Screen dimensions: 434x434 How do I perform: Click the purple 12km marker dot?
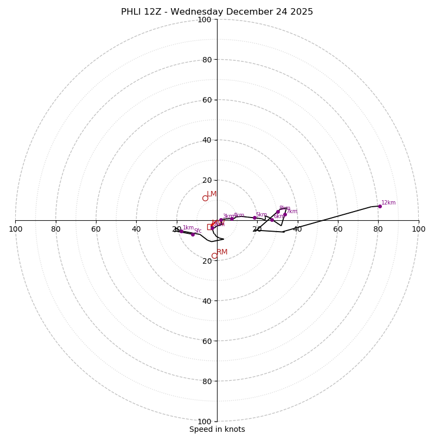[x=380, y=206]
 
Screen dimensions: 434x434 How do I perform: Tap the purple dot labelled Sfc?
[x=193, y=234]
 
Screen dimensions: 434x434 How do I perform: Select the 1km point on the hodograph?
[x=181, y=231]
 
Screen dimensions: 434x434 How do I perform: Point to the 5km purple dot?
[x=254, y=218]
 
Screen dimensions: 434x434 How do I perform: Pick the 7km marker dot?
[x=285, y=214]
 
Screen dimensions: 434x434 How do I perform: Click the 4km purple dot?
[x=232, y=219]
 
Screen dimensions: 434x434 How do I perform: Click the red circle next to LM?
[x=205, y=198]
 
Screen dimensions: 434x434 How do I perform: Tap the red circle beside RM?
[x=214, y=256]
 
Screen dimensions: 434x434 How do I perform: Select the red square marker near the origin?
[x=210, y=227]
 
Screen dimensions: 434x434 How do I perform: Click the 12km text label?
[x=388, y=203]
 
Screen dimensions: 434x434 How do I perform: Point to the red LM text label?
[x=212, y=194]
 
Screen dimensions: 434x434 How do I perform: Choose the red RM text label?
[x=222, y=252]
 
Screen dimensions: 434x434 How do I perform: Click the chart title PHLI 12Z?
[x=217, y=12]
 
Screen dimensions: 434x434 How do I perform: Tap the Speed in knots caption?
[x=217, y=429]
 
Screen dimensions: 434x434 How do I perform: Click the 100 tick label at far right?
[x=418, y=229]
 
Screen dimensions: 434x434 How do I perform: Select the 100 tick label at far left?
[x=16, y=229]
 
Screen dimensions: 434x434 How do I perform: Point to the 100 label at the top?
[x=205, y=20]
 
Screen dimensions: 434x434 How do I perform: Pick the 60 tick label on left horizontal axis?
[x=96, y=229]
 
